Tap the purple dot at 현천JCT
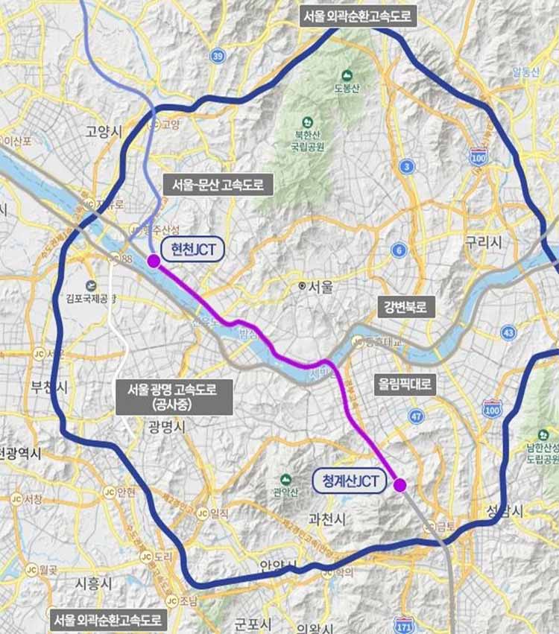(x=154, y=261)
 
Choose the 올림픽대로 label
(x=404, y=384)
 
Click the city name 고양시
(x=103, y=132)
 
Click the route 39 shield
(x=218, y=56)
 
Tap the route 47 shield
(x=417, y=416)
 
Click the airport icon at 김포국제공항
(x=91, y=285)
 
